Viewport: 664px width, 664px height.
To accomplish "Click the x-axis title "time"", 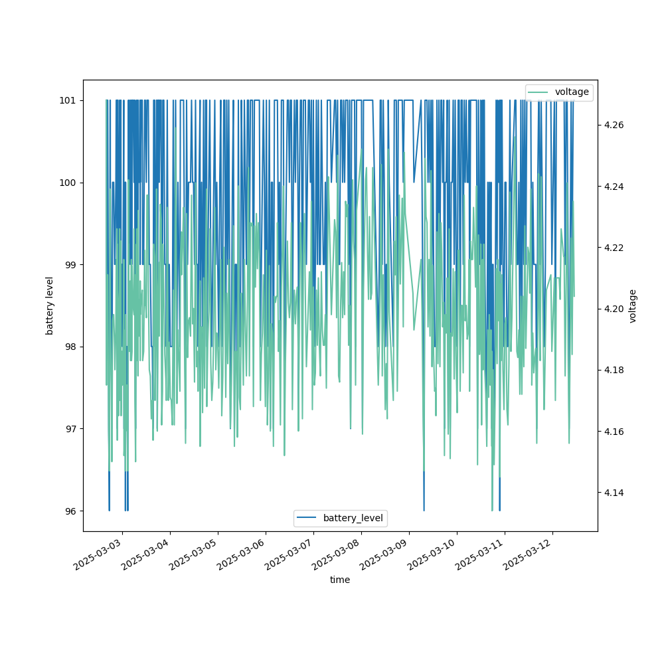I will pyautogui.click(x=340, y=580).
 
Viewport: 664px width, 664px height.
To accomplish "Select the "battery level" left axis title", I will pyautogui.click(x=50, y=305).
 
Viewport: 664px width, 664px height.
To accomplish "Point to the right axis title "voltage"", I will pyautogui.click(x=633, y=305).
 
